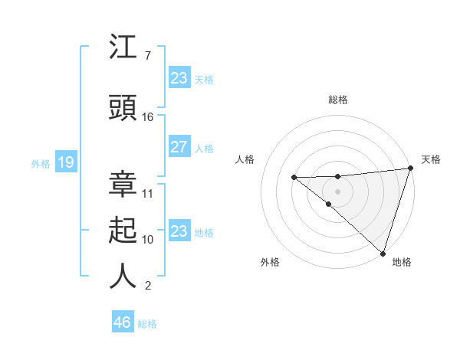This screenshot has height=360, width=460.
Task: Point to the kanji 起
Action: [x=123, y=231]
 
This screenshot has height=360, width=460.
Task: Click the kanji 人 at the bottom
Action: [x=123, y=277]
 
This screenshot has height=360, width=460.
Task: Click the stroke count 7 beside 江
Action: [x=147, y=56]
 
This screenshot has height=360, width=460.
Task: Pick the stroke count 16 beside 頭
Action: [x=148, y=117]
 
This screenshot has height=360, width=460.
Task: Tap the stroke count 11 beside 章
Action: [x=148, y=194]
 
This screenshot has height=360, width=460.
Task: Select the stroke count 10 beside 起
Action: [x=148, y=240]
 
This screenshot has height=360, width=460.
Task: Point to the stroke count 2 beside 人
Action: [x=147, y=286]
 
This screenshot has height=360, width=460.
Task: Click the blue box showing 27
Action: [x=179, y=147]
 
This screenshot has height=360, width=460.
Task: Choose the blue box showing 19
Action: [x=65, y=162]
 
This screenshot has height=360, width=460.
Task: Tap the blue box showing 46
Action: [x=123, y=322]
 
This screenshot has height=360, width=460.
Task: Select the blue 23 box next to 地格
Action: [x=179, y=231]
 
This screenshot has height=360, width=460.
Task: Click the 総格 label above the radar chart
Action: [x=337, y=100]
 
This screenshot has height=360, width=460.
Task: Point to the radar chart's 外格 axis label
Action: [x=270, y=263]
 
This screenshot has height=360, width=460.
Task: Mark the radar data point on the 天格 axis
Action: [x=410, y=169]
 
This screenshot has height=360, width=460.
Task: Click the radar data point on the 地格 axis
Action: [x=383, y=253]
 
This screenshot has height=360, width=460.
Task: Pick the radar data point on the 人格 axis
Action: [x=294, y=178]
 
